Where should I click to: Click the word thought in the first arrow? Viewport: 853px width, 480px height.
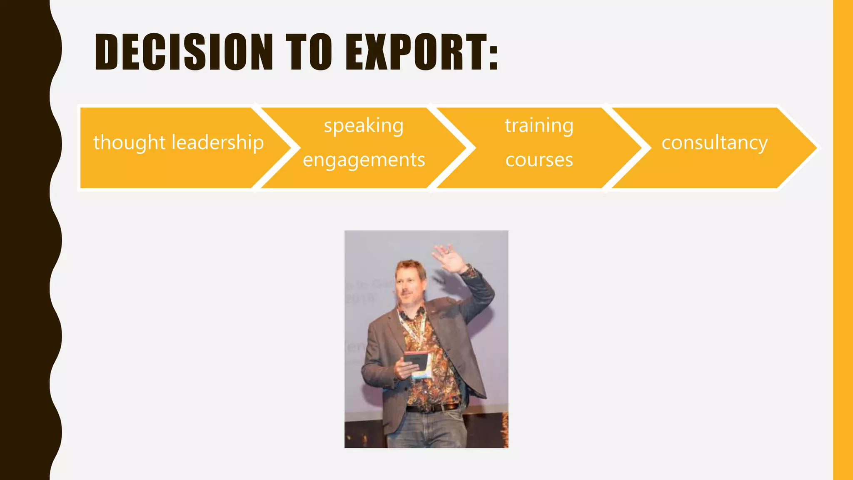pyautogui.click(x=130, y=143)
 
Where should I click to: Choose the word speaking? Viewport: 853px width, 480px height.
pyautogui.click(x=364, y=126)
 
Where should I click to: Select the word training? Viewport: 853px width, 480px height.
pyautogui.click(x=539, y=125)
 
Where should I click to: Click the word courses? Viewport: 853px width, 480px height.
pyautogui.click(x=539, y=160)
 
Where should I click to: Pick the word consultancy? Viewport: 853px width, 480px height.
pyautogui.click(x=714, y=143)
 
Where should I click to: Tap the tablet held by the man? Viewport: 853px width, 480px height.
pyautogui.click(x=416, y=361)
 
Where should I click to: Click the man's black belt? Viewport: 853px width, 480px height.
pyautogui.click(x=433, y=408)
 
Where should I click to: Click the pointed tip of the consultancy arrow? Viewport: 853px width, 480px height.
pyautogui.click(x=814, y=147)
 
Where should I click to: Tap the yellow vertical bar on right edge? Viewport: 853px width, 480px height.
pyautogui.click(x=843, y=240)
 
